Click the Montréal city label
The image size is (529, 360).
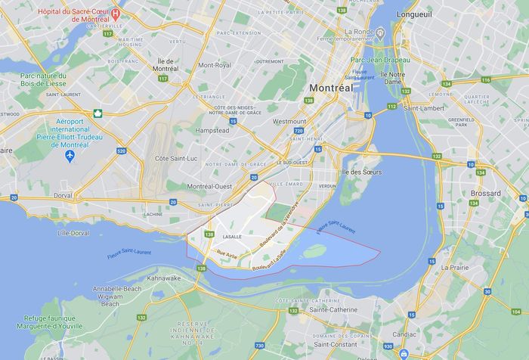tap(331, 88)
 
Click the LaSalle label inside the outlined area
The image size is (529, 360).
tap(232, 237)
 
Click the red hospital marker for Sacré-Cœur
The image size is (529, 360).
tap(115, 12)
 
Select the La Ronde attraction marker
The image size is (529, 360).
tap(380, 32)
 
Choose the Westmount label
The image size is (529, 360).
tap(289, 121)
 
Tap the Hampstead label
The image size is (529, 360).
tap(212, 130)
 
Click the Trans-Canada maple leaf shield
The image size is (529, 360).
tap(97, 114)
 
